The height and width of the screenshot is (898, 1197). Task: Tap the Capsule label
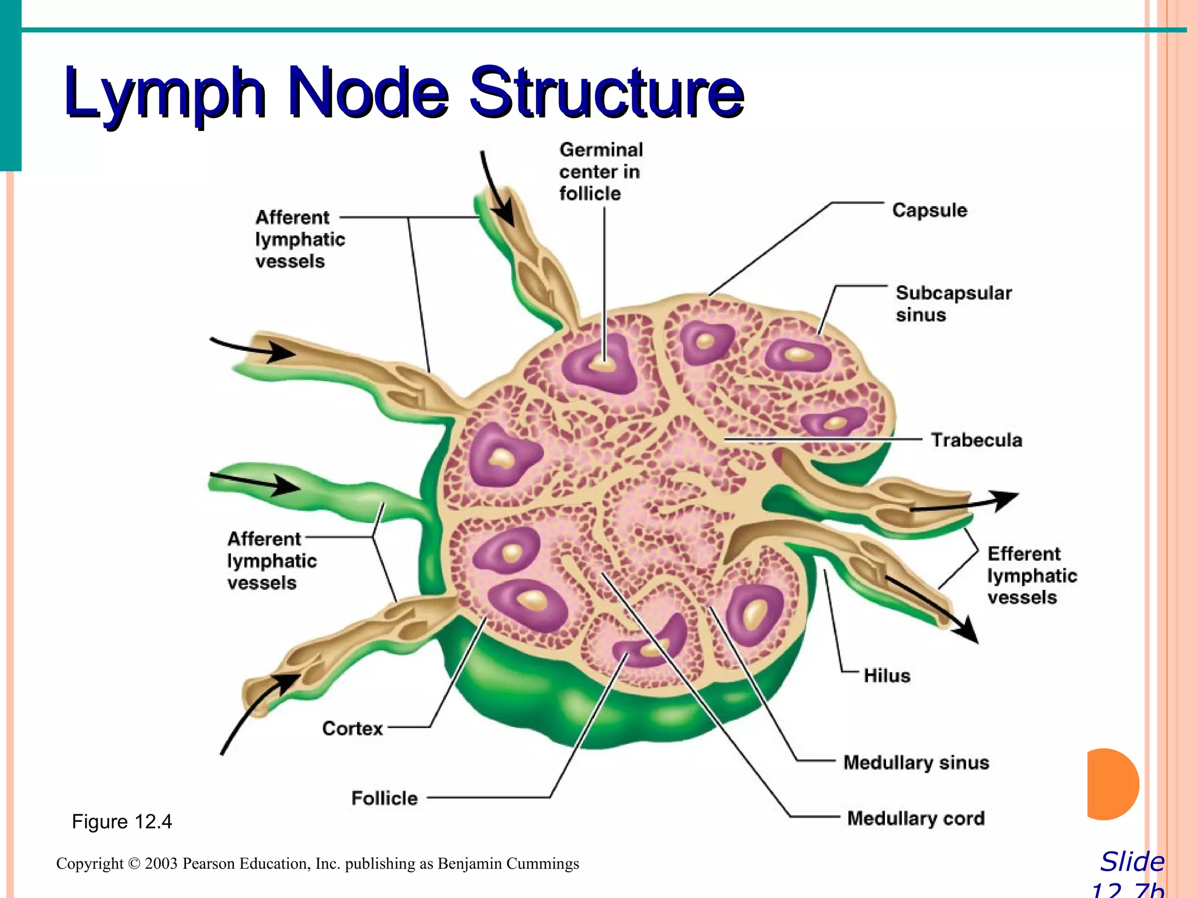929,210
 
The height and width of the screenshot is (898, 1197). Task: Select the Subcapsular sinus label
953,303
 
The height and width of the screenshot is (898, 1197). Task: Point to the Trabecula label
976,440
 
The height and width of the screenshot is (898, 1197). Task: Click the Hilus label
887,676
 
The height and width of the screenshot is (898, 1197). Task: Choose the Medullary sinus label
916,762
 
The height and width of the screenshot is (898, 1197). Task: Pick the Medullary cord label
915,818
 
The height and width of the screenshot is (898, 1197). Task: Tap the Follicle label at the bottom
384,798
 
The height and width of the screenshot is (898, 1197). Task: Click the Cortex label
352,728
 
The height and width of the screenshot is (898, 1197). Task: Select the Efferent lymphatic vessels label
1032,575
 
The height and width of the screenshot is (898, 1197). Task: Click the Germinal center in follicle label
600,172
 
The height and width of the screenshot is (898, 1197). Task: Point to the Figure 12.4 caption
122,822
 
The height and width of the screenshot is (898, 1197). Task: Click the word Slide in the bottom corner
1132,862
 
